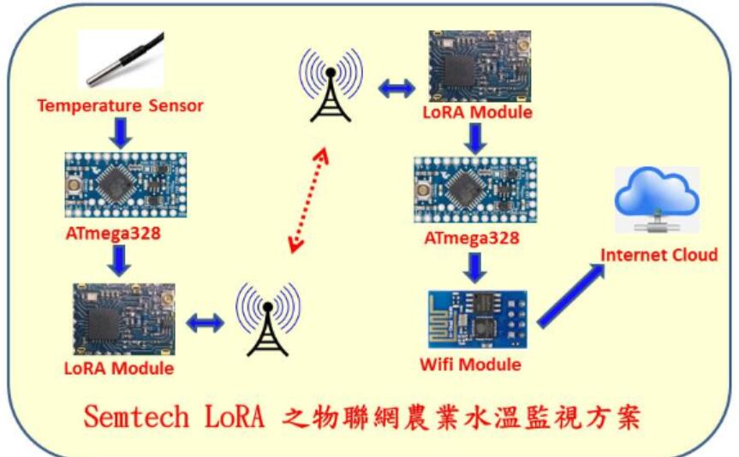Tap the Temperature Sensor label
(120, 105)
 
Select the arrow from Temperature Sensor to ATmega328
(121, 134)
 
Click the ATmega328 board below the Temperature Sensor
(126, 185)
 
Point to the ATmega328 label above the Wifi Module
(472, 239)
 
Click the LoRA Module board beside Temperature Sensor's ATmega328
(124, 319)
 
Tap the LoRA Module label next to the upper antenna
(478, 112)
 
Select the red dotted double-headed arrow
(309, 200)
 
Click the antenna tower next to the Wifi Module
(268, 319)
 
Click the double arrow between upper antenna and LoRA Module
(396, 88)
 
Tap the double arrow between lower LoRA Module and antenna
(205, 323)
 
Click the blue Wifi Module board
(478, 319)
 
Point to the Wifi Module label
(470, 365)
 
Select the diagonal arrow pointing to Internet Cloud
(571, 295)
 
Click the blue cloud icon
(657, 198)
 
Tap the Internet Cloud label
(659, 255)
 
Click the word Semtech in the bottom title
(137, 417)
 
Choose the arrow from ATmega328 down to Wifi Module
(475, 268)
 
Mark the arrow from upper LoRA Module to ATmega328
(475, 139)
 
